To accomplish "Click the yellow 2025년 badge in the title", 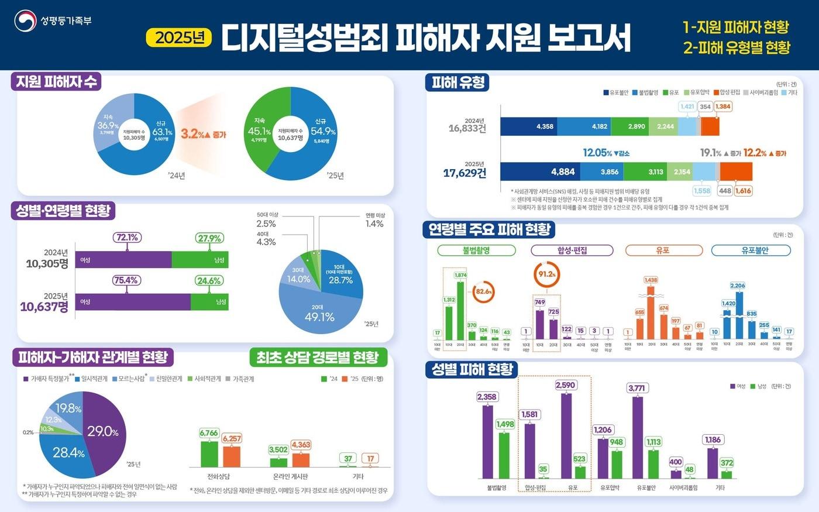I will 178,38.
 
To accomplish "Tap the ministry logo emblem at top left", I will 25,21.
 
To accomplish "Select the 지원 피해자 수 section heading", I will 56,82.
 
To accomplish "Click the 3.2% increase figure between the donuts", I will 202,134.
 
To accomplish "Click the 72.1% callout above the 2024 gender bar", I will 127,238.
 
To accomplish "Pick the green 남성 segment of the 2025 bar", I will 209,302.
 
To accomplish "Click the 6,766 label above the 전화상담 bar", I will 209,434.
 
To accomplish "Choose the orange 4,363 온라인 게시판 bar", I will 301,460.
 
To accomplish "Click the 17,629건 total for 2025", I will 464,173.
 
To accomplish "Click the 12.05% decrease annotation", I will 605,153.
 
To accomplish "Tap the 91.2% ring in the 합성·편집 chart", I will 547,274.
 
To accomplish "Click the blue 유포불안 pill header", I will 751,250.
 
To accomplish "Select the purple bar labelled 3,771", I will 637,437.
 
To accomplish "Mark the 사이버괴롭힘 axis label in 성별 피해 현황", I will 683,487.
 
